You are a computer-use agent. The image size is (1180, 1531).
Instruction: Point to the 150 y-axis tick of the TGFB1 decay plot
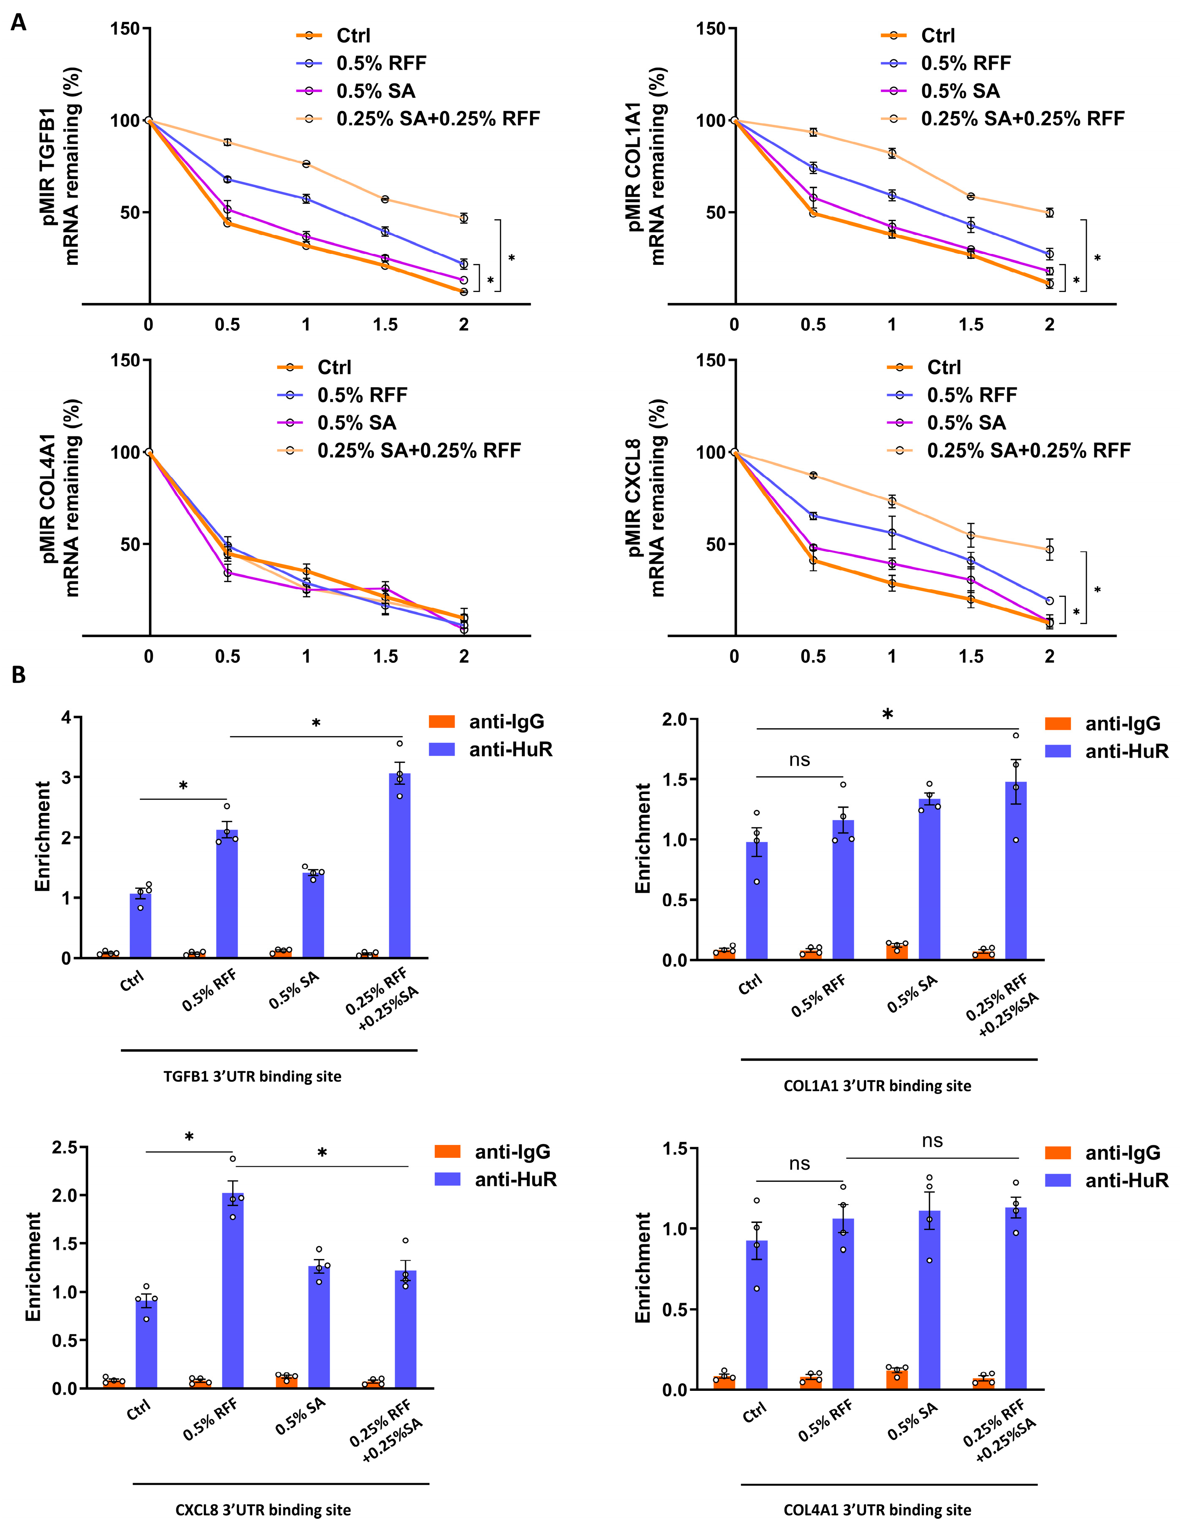click(x=125, y=29)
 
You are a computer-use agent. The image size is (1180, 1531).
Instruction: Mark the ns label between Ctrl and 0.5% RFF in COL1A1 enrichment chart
click(x=799, y=760)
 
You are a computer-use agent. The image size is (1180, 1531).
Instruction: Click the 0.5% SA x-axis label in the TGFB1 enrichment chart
click(x=294, y=990)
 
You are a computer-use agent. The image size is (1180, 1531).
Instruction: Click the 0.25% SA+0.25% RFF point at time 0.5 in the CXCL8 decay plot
click(x=813, y=475)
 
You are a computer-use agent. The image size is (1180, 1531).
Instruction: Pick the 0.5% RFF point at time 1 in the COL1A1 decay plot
click(x=892, y=196)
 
